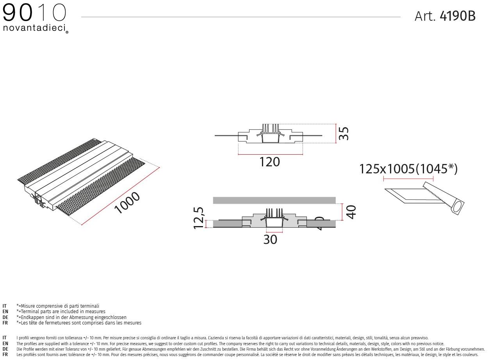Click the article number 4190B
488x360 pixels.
click(x=457, y=16)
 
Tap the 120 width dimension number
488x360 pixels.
click(x=269, y=162)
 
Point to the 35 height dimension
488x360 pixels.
click(x=343, y=134)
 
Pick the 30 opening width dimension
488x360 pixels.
click(x=270, y=239)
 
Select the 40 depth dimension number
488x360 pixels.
click(x=351, y=212)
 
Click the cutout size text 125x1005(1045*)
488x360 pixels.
click(x=408, y=169)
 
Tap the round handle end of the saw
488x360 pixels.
click(x=458, y=206)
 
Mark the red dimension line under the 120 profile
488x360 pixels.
click(x=269, y=155)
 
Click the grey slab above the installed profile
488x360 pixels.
click(x=274, y=200)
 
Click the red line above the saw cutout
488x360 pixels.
click(x=408, y=179)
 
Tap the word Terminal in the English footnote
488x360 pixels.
click(x=29, y=312)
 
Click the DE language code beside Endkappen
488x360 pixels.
click(x=5, y=317)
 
